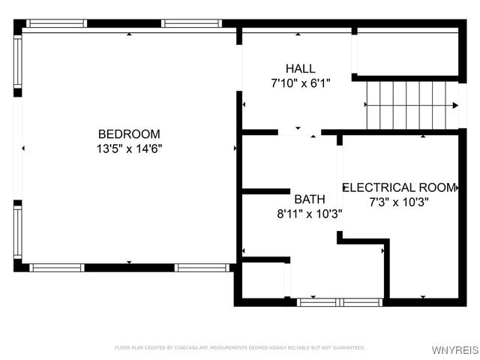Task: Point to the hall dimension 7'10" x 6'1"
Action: pos(300,83)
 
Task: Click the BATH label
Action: pos(310,199)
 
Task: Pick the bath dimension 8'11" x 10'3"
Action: pos(310,214)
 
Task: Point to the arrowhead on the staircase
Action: pos(454,106)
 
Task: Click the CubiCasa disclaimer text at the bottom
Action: pos(240,348)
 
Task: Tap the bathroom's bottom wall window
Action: pos(340,302)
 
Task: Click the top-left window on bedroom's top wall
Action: pos(57,23)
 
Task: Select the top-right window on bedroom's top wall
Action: pos(192,23)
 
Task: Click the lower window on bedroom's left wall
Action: pos(18,232)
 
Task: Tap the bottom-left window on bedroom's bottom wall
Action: pos(57,267)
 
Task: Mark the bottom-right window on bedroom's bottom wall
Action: pos(201,267)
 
